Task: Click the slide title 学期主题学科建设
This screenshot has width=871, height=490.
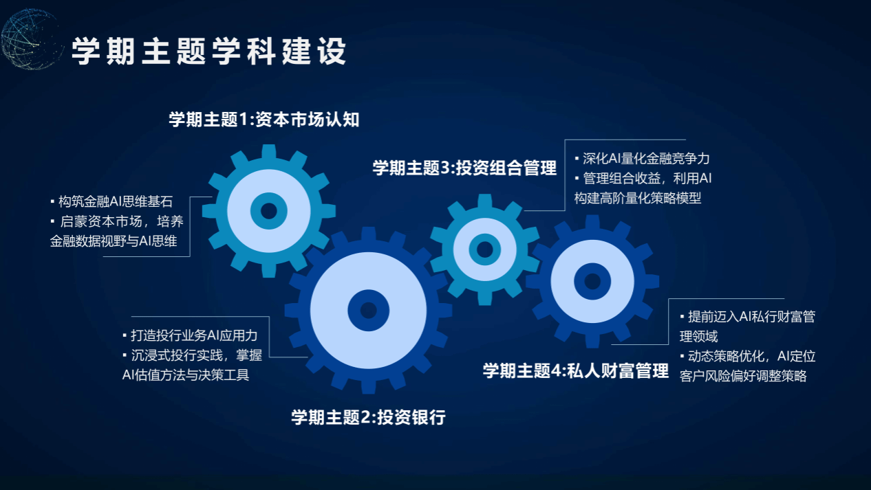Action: click(209, 52)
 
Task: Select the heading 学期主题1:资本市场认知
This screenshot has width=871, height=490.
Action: click(264, 119)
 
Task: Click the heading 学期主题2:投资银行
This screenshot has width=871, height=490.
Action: click(368, 417)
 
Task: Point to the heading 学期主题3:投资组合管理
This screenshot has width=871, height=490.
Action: click(464, 168)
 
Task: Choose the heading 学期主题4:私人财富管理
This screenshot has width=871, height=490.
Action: click(575, 371)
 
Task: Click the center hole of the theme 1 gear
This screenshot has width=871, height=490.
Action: click(269, 211)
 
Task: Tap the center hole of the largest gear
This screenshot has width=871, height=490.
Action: click(368, 310)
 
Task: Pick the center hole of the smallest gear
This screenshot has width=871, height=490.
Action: click(484, 249)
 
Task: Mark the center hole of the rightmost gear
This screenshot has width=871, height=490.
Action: click(592, 281)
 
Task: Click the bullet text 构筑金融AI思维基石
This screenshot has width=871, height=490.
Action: click(116, 201)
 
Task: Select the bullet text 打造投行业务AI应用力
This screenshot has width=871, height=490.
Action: click(194, 335)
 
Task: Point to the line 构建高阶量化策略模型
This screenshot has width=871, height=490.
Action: click(638, 199)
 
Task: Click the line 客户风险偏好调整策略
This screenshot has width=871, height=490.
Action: click(743, 376)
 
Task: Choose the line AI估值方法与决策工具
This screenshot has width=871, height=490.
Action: click(186, 375)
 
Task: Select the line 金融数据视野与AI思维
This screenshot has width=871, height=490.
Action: click(114, 241)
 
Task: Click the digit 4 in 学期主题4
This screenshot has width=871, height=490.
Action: click(557, 371)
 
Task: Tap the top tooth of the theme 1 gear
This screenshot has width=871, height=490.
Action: click(269, 151)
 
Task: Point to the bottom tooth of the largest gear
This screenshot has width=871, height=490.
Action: click(368, 387)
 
